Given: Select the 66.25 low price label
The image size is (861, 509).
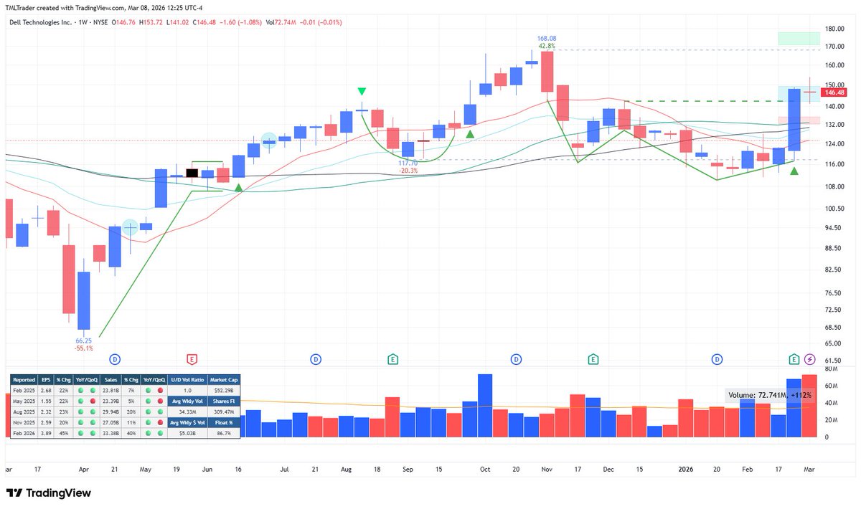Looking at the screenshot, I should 84,341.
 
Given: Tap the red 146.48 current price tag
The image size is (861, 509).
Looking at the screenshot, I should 834,92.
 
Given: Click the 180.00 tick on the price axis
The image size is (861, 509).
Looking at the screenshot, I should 834,29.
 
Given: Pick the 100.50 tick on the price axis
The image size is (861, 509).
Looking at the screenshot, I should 834,209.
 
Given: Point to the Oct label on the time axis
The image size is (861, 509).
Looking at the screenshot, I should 485,470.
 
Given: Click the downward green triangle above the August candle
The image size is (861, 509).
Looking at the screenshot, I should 362,92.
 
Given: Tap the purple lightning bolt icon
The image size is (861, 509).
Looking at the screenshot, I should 810,358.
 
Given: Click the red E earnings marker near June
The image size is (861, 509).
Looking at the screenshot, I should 192,358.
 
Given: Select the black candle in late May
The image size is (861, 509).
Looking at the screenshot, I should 192,173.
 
